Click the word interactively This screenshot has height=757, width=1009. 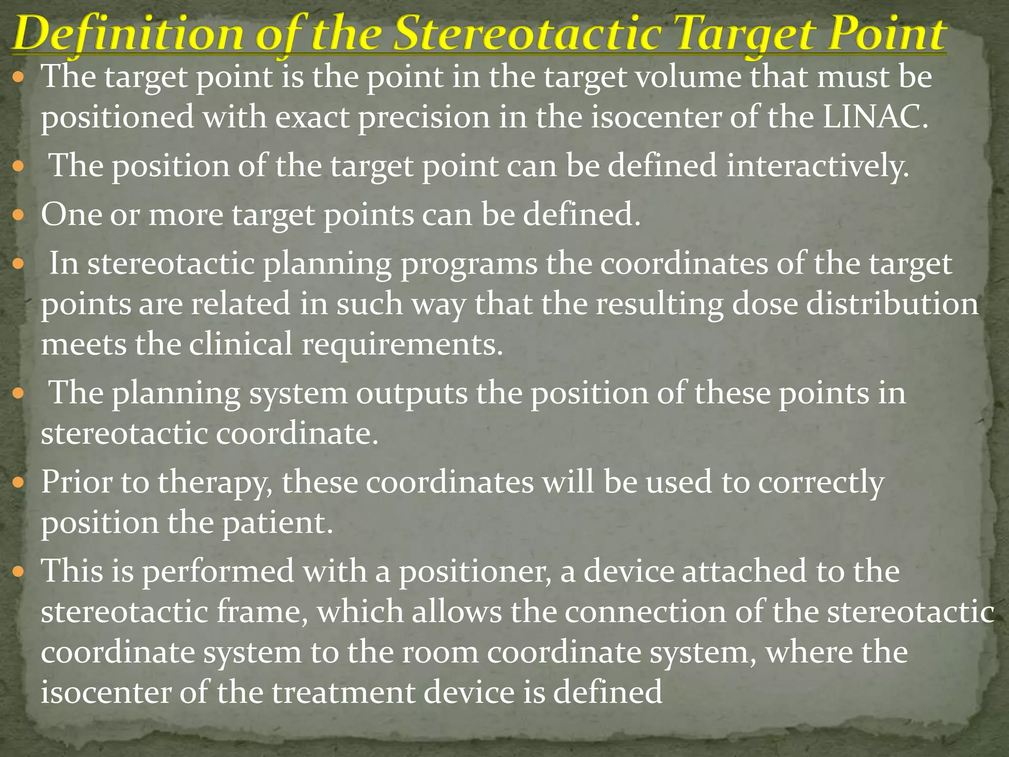tap(817, 166)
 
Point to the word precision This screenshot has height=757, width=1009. tap(424, 118)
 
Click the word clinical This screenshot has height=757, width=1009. tap(241, 344)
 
